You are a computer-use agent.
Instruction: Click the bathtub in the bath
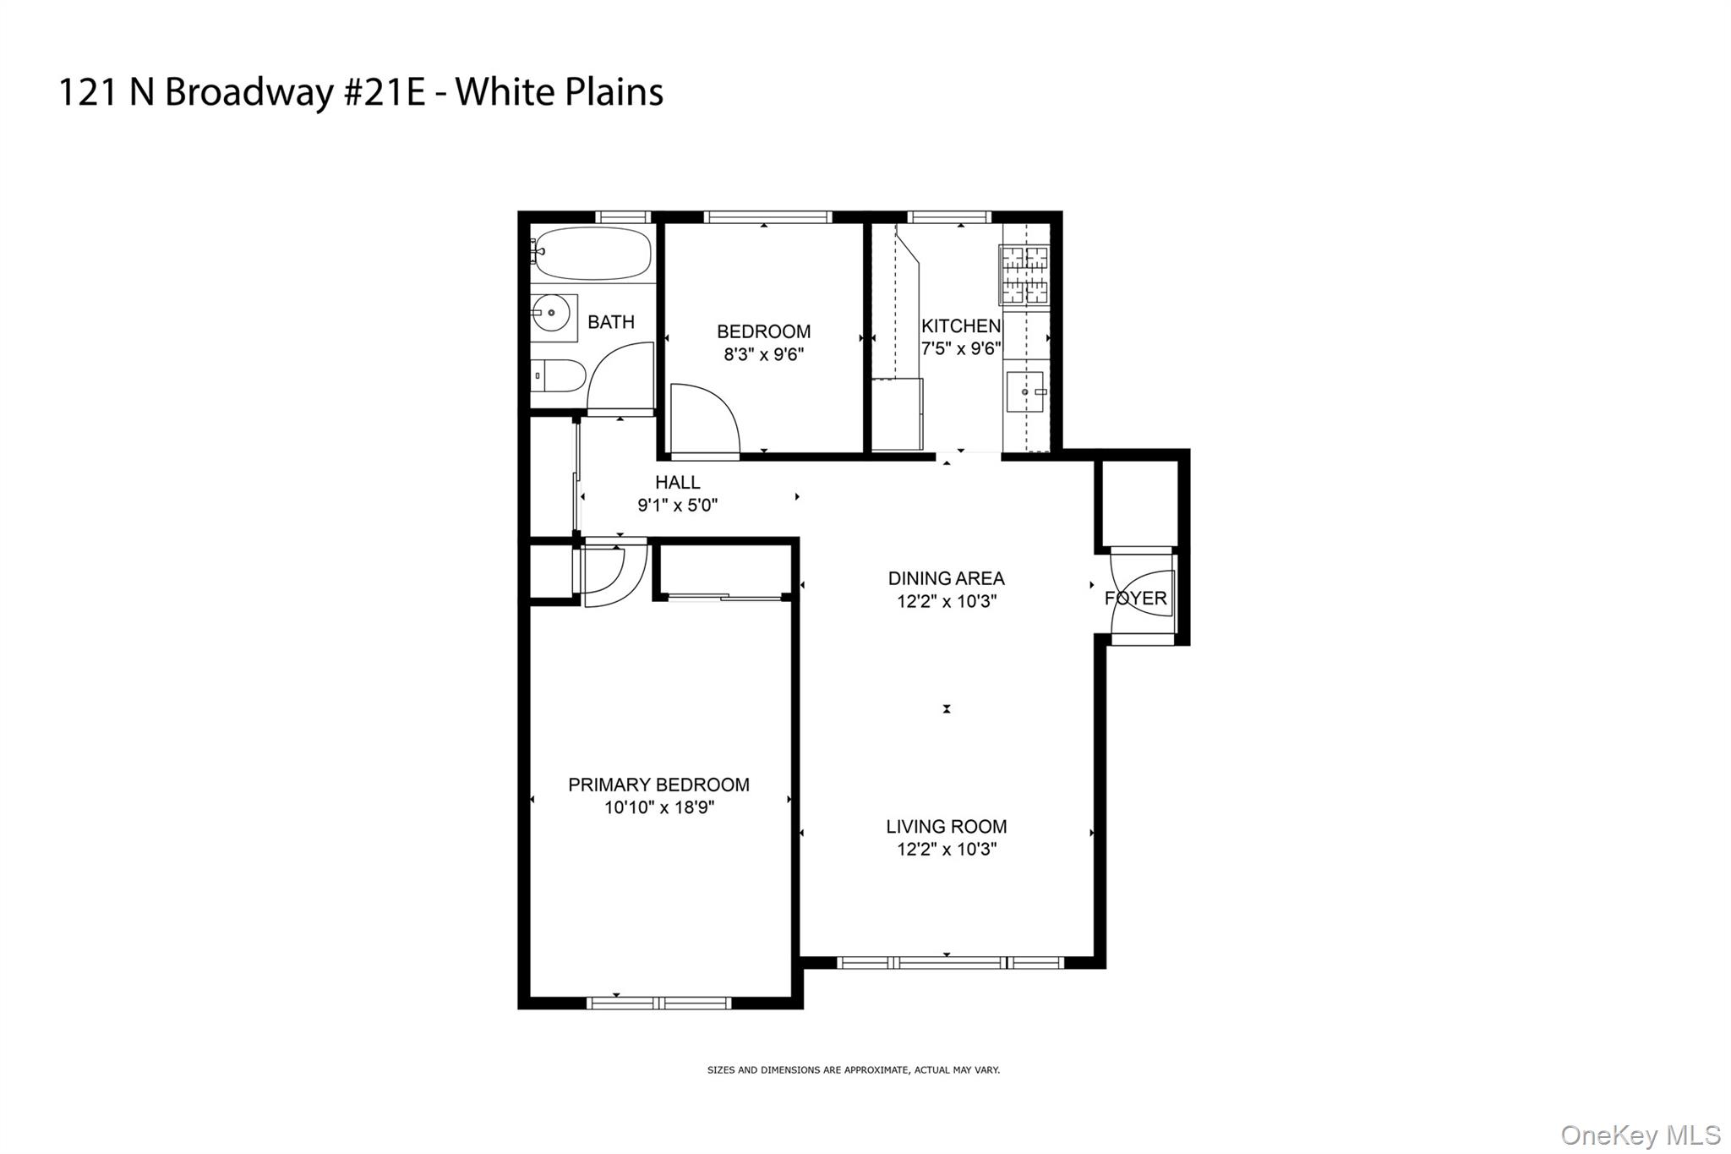coord(593,253)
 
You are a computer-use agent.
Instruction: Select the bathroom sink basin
coord(553,314)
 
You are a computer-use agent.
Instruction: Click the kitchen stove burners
coord(1024,274)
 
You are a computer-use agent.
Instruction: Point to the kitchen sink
coord(1025,392)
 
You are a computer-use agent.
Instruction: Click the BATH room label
coord(611,322)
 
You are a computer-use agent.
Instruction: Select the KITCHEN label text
coord(961,325)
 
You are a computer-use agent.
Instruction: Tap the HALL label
coord(678,482)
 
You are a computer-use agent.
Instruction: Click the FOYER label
coord(1135,598)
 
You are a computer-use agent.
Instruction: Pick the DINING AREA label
coord(946,578)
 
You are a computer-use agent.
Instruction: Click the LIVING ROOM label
coord(946,826)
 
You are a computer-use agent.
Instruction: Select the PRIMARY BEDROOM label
coord(658,785)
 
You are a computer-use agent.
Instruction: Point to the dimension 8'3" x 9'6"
coord(763,354)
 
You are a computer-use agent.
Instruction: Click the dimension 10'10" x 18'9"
coord(659,807)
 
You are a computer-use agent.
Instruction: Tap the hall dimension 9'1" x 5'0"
coord(678,506)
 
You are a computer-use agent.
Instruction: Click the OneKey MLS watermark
coord(1640,1135)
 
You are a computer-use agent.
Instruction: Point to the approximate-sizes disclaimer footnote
coord(854,1070)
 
